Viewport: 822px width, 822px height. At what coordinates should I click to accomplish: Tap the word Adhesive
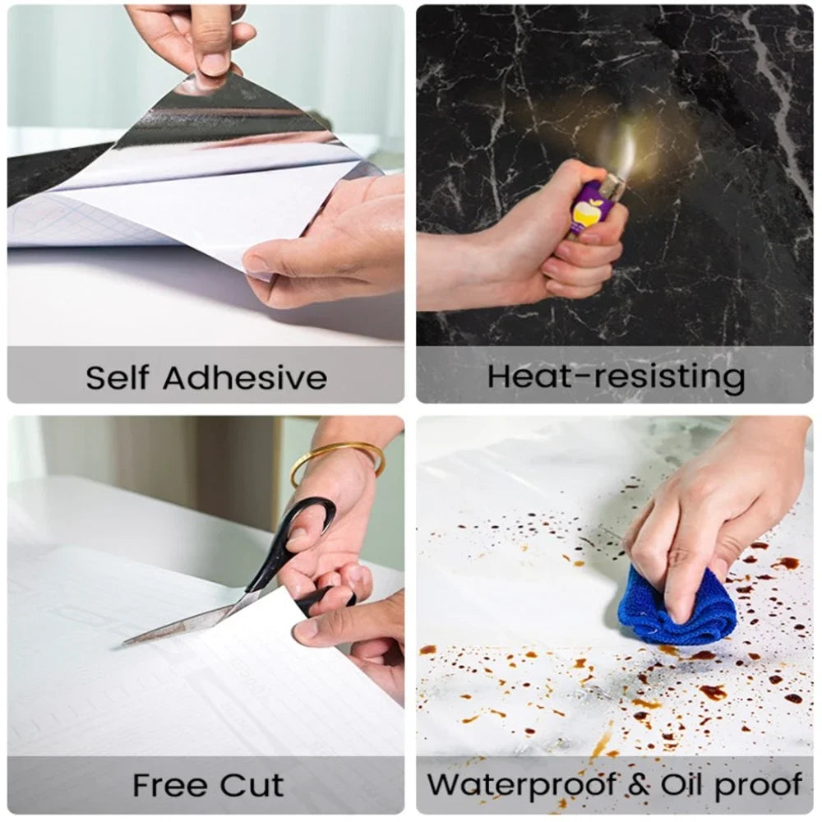[244, 378]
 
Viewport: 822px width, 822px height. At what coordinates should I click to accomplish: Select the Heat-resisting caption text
[616, 376]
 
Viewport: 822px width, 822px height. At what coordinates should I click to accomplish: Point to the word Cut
[256, 785]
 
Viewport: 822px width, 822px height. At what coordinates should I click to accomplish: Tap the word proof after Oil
[758, 785]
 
